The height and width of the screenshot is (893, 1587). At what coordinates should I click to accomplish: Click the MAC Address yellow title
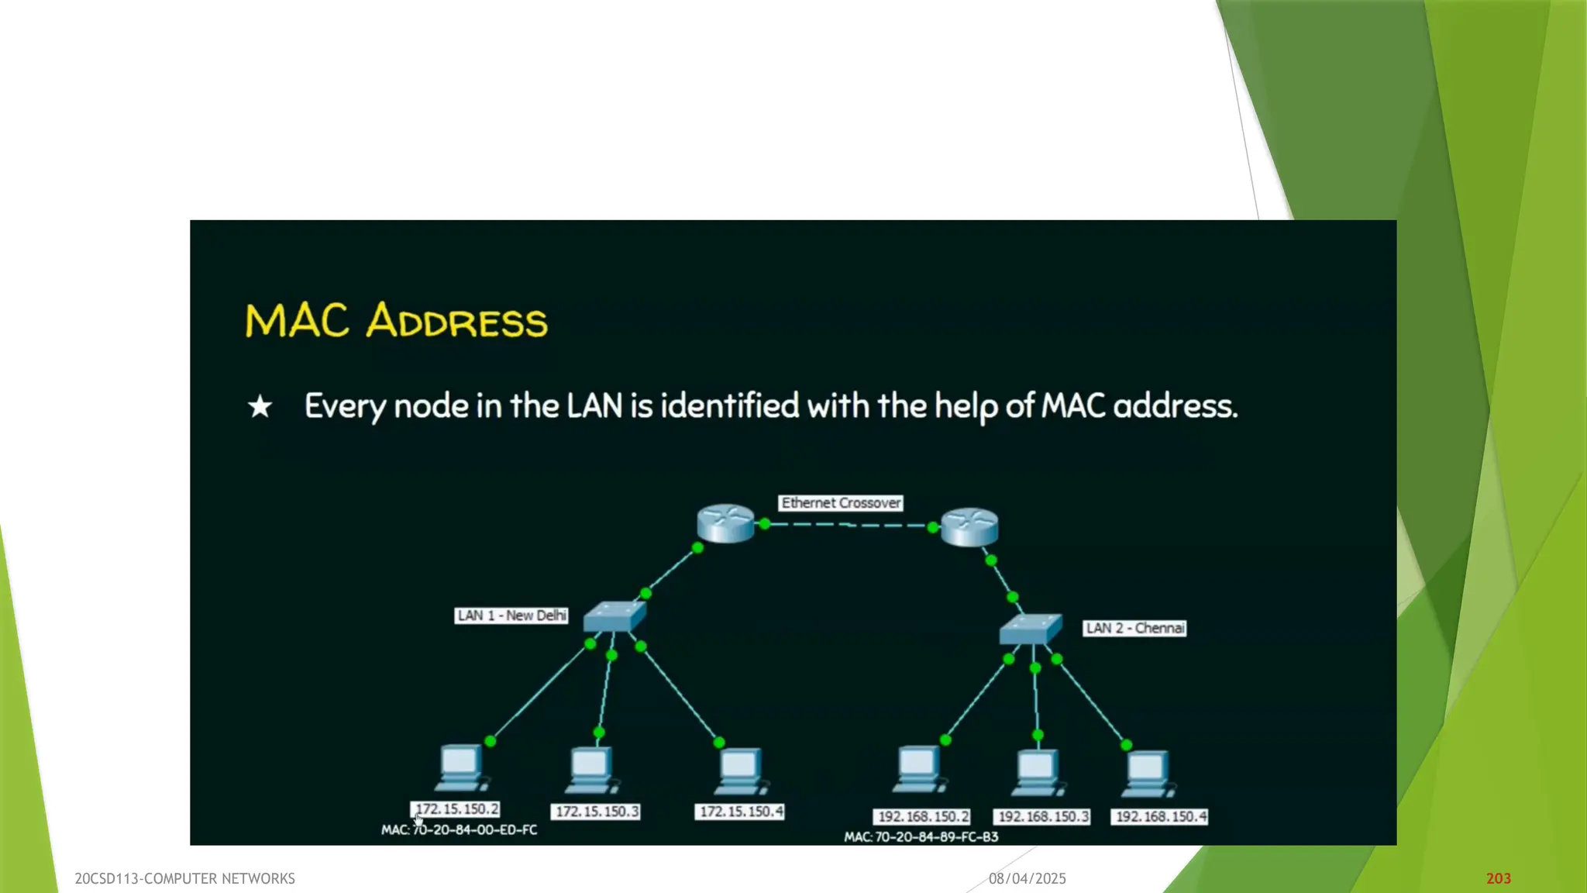pyautogui.click(x=396, y=320)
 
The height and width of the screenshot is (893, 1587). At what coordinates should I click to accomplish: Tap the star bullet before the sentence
pyautogui.click(x=260, y=406)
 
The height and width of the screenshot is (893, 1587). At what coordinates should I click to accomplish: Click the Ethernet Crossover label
pyautogui.click(x=841, y=503)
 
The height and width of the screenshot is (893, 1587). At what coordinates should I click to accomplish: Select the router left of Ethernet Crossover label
pyautogui.click(x=725, y=523)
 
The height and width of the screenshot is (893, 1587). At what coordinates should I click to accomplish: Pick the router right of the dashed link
pyautogui.click(x=969, y=527)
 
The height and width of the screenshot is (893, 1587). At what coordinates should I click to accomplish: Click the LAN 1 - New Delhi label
pyautogui.click(x=511, y=615)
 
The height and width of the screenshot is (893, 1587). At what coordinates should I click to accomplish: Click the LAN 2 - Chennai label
pyautogui.click(x=1134, y=628)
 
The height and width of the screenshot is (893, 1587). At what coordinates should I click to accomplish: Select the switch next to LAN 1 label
pyautogui.click(x=614, y=616)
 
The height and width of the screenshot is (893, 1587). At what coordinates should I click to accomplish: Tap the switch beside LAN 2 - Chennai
pyautogui.click(x=1030, y=629)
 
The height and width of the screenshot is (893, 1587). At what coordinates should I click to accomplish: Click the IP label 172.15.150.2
pyautogui.click(x=456, y=809)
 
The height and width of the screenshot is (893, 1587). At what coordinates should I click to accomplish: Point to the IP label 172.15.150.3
pyautogui.click(x=596, y=812)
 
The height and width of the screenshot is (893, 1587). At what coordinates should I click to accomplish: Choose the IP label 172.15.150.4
pyautogui.click(x=740, y=812)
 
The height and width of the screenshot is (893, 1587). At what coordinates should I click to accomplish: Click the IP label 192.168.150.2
pyautogui.click(x=922, y=817)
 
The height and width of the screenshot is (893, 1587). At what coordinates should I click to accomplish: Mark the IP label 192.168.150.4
pyautogui.click(x=1159, y=817)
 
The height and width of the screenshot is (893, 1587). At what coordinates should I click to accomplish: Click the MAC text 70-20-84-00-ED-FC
pyautogui.click(x=459, y=830)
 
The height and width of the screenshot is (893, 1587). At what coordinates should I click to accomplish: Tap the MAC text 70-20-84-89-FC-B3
pyautogui.click(x=921, y=837)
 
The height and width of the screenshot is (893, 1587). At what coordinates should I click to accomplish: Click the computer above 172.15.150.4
pyautogui.click(x=740, y=771)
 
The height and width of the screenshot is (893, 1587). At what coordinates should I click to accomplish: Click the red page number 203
pyautogui.click(x=1498, y=878)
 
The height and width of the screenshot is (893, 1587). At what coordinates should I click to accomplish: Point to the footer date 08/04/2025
pyautogui.click(x=1027, y=878)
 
